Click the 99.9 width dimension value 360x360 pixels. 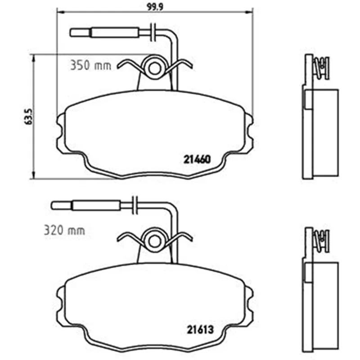(x=155, y=7)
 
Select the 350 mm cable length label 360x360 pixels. (x=91, y=65)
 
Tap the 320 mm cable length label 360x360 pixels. (x=64, y=230)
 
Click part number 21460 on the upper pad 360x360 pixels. (x=197, y=159)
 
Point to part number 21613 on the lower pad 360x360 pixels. (x=200, y=330)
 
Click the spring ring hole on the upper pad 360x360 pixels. (x=154, y=68)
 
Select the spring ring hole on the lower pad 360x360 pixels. (x=154, y=241)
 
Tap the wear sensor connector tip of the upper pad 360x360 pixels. (x=81, y=32)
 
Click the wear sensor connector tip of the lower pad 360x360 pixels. (x=62, y=206)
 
